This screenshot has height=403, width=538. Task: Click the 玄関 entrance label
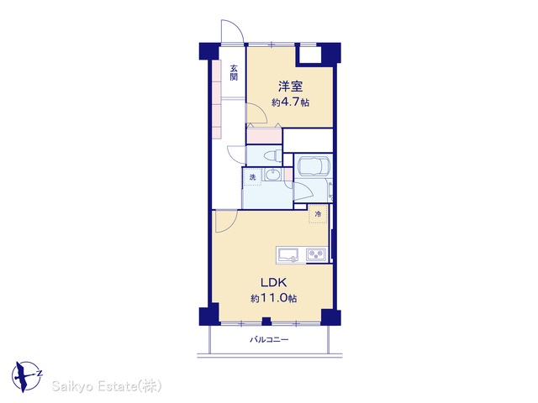pos(234,72)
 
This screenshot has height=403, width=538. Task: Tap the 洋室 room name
pos(290,86)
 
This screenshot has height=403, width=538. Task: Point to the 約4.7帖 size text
pos(290,102)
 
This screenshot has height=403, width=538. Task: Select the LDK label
pos(273,283)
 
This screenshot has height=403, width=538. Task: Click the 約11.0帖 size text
pos(273,299)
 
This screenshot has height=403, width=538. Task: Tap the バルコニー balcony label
pos(269,339)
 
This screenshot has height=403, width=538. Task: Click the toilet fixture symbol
pos(272,156)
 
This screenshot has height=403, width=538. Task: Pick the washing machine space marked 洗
pos(252,177)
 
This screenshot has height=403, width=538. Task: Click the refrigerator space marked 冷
pos(318,214)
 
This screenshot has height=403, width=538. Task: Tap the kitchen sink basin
pos(287,254)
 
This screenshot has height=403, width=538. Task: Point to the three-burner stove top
pos(316,254)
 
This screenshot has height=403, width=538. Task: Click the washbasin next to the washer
pos(272,175)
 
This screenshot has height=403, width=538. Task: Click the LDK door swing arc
pos(227,222)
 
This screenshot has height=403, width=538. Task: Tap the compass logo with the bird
pos(26,376)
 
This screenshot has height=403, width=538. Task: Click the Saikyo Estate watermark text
pos(107,386)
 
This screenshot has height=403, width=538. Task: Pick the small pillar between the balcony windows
pos(266,322)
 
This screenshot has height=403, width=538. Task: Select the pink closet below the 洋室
pos(264,135)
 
